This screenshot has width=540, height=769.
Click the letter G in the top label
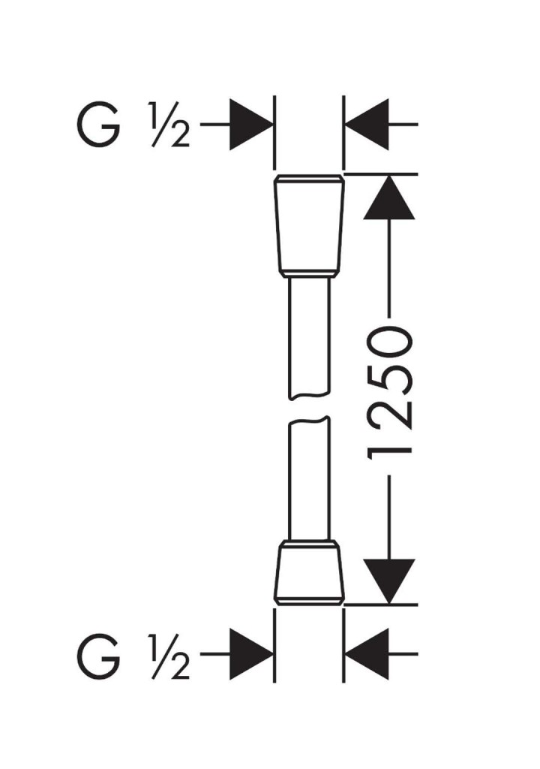[98, 124]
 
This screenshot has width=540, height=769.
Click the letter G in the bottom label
[98, 655]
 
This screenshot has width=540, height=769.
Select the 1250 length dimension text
[390, 391]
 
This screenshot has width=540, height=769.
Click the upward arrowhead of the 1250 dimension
[389, 198]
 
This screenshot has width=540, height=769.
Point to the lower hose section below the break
[308, 481]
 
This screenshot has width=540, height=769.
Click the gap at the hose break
[308, 409]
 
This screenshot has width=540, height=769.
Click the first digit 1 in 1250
[390, 447]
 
